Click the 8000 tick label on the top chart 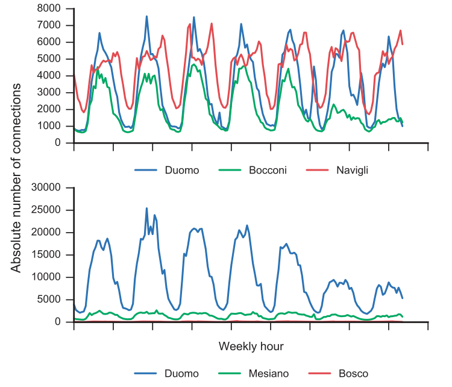tap(49, 8)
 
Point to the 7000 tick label tap(49, 25)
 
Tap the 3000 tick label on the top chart tap(49, 92)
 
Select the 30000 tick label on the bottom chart tap(46, 187)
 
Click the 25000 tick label tap(46, 210)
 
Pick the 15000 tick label tap(46, 254)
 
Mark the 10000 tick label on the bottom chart tap(46, 277)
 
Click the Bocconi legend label tap(268, 170)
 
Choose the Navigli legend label tap(353, 170)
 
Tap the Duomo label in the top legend tap(182, 170)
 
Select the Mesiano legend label tap(269, 374)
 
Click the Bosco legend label tap(353, 374)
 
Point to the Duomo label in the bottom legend tap(181, 374)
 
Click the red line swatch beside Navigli tap(317, 170)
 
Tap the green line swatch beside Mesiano tap(230, 374)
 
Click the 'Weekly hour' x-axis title tap(251, 347)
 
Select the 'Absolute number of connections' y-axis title tap(16, 178)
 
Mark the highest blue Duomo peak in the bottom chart tap(146, 208)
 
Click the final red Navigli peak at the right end tap(400, 30)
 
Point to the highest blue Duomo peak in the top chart tap(146, 16)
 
